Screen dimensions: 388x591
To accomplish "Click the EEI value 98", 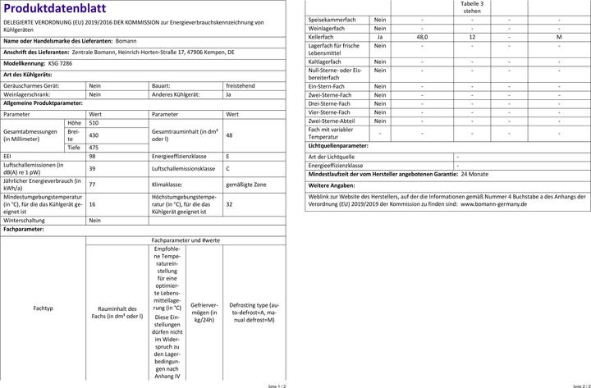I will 92,155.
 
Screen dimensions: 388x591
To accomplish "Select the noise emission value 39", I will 92,168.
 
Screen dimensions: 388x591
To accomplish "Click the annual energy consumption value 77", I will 92,185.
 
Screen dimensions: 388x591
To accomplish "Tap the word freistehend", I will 241,84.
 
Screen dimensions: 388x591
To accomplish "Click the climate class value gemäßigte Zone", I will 246,185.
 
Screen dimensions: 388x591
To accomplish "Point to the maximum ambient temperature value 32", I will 229,204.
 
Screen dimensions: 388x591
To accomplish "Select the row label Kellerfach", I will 321,37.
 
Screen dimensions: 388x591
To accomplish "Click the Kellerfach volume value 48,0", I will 422,37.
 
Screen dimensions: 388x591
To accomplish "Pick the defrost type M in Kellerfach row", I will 559,37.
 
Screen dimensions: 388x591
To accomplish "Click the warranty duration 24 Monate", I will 475,175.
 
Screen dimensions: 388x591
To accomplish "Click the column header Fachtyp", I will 43,308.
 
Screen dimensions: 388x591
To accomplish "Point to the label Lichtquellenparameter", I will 337,145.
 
